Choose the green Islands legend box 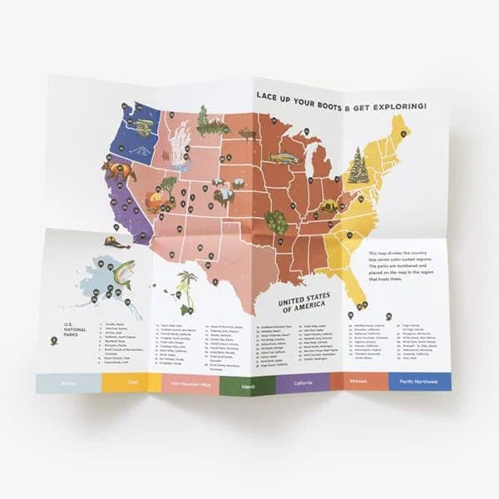[x=248, y=385]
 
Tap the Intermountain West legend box [x=190, y=385]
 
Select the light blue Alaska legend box [x=68, y=382]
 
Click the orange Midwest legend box [x=360, y=381]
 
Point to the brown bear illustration [x=119, y=170]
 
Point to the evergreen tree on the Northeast [x=358, y=166]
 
